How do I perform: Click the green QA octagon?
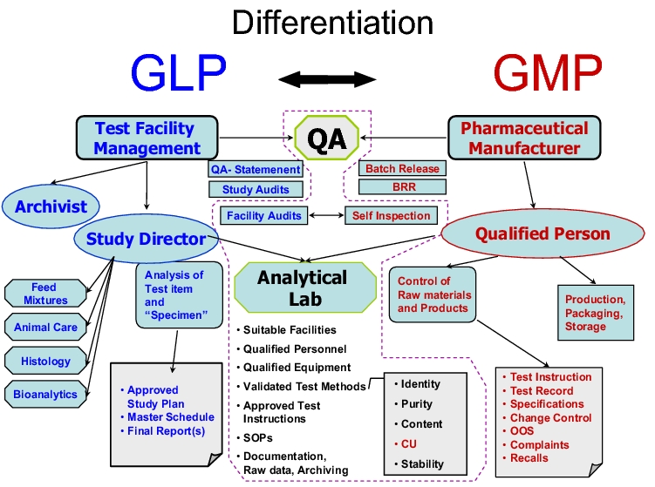pyautogui.click(x=327, y=138)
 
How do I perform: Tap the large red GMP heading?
pyautogui.click(x=547, y=71)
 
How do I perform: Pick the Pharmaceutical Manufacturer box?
pyautogui.click(x=524, y=138)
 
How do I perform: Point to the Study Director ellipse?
pyautogui.click(x=146, y=238)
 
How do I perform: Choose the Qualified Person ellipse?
pyautogui.click(x=542, y=233)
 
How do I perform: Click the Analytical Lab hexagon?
pyautogui.click(x=302, y=288)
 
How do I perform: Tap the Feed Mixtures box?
pyautogui.click(x=44, y=294)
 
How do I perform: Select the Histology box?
pyautogui.click(x=45, y=360)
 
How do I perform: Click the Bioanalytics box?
pyautogui.click(x=45, y=394)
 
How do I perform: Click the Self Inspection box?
pyautogui.click(x=392, y=215)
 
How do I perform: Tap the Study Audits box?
pyautogui.click(x=256, y=189)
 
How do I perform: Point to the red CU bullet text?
pyautogui.click(x=408, y=444)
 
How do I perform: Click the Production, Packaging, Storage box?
pyautogui.click(x=595, y=313)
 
